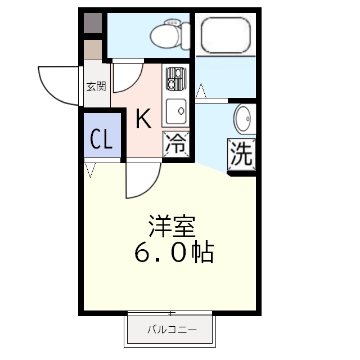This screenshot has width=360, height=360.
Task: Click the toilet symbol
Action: coord(166,34)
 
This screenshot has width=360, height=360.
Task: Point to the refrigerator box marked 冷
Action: coord(176,145)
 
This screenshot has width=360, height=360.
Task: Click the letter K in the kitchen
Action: coord(143,119)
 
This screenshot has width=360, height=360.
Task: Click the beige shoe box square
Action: coord(93,49)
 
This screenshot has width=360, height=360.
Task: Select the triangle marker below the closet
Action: coord(90,169)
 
